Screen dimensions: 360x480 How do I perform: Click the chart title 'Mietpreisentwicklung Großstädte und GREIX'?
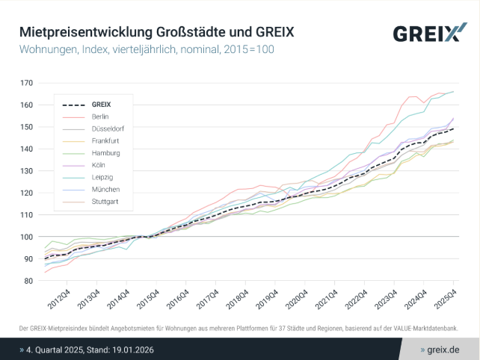156,33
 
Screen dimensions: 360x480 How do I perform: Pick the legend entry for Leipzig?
102,177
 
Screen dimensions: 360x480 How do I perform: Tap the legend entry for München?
104,189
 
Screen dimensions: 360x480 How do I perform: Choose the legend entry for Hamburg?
104,152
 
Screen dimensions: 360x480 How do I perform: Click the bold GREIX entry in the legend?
101,105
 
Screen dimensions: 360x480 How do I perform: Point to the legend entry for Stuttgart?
104,201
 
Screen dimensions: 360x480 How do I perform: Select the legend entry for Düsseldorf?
107,128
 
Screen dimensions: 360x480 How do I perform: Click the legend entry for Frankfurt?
105,140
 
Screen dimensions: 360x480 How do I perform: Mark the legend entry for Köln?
99,165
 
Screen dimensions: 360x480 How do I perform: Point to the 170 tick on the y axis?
27,83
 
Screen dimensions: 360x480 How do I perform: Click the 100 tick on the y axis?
27,237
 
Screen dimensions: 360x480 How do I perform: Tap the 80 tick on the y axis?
28,281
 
